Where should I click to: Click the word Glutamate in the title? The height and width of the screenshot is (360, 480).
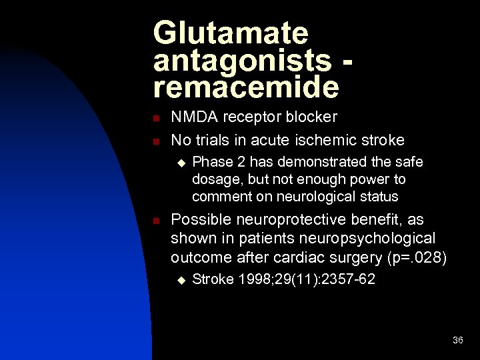[x=231, y=34]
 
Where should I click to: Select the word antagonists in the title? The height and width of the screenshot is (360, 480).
[x=242, y=61]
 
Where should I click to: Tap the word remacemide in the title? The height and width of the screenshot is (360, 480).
[x=246, y=87]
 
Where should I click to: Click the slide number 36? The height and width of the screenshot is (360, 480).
[x=457, y=340]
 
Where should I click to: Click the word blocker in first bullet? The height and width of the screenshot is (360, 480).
[x=312, y=117]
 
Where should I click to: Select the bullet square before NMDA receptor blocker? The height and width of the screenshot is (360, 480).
[x=155, y=119]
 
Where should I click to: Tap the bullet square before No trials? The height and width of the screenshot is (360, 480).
[x=155, y=141]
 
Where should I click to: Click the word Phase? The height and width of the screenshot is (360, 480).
[x=210, y=162]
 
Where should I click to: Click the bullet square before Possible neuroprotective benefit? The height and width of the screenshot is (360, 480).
[x=155, y=221]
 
